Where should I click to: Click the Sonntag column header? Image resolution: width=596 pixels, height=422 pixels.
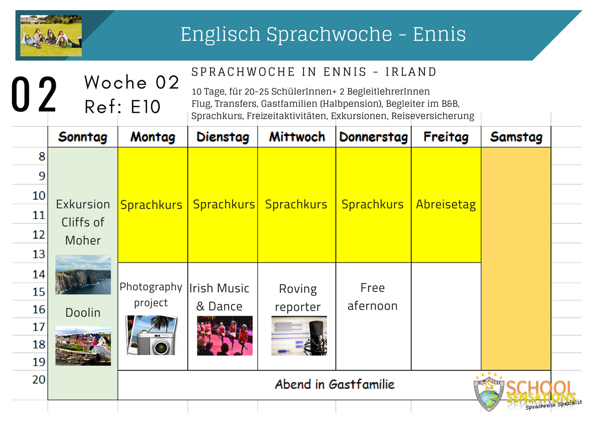tap(82, 137)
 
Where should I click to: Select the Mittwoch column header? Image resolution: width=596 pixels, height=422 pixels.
tap(297, 137)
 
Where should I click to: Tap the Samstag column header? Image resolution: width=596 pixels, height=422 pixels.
tap(516, 137)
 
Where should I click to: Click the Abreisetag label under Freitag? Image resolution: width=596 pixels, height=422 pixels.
tap(445, 204)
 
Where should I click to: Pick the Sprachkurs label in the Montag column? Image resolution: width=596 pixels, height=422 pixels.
tap(151, 205)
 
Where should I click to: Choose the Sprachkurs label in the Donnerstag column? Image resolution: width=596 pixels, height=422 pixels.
tap(373, 204)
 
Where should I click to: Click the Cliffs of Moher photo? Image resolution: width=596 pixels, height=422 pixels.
tap(83, 274)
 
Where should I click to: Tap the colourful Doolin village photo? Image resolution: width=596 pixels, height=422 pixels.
tap(83, 346)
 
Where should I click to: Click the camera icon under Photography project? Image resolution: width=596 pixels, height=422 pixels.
tap(152, 335)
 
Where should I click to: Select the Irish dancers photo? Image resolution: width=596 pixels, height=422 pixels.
tap(224, 335)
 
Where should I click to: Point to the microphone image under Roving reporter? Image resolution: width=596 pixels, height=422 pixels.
tap(299, 335)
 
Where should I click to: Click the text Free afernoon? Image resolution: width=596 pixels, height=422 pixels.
tap(373, 297)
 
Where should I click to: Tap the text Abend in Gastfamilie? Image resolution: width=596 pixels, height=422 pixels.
tap(334, 384)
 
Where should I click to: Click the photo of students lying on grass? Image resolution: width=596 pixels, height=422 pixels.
tap(51, 36)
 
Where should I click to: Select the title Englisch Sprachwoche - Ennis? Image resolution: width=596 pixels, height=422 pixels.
tap(323, 34)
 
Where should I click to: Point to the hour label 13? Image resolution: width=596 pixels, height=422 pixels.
tap(39, 254)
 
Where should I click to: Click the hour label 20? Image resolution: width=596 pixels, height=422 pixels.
tap(39, 379)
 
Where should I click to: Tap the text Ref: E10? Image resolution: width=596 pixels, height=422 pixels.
tap(123, 107)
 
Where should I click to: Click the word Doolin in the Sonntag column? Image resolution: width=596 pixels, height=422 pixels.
tap(83, 313)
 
